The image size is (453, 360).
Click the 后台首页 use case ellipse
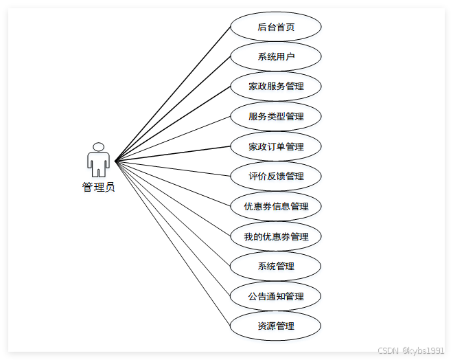[x=276, y=27]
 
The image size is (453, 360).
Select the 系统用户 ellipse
[x=276, y=56]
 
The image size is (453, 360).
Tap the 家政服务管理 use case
[x=276, y=87]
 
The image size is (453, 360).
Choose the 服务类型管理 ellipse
[x=276, y=116]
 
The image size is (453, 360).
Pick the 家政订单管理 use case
[x=276, y=146]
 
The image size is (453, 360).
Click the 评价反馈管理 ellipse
[x=276, y=176]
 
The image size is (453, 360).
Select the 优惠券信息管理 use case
[x=276, y=206]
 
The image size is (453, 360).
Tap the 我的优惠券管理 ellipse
[x=276, y=236]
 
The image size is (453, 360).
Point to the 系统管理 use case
[x=276, y=266]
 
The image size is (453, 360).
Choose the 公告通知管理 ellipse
[x=276, y=296]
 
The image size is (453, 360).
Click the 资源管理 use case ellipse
[x=276, y=326]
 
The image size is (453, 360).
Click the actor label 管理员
[x=98, y=187]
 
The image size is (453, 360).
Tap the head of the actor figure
[x=98, y=147]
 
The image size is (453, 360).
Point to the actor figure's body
[x=98, y=162]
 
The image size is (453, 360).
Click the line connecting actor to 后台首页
[x=173, y=94]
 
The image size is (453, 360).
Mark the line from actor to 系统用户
[x=173, y=109]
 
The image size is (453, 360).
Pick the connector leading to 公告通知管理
[x=173, y=229]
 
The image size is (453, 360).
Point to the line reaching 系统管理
[x=173, y=214]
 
